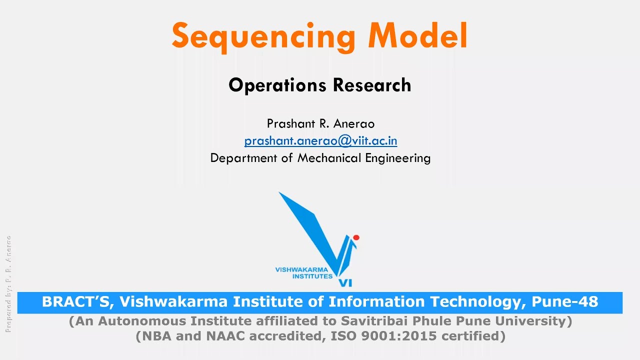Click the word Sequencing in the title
point(263,36)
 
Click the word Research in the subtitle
point(372,85)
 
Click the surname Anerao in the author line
point(353,123)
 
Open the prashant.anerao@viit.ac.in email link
point(320,141)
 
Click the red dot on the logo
point(356,237)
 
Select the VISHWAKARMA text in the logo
point(301,270)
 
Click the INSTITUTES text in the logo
point(312,276)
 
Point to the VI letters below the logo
point(345,283)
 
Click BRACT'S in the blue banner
point(77,302)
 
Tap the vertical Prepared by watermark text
point(8,283)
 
